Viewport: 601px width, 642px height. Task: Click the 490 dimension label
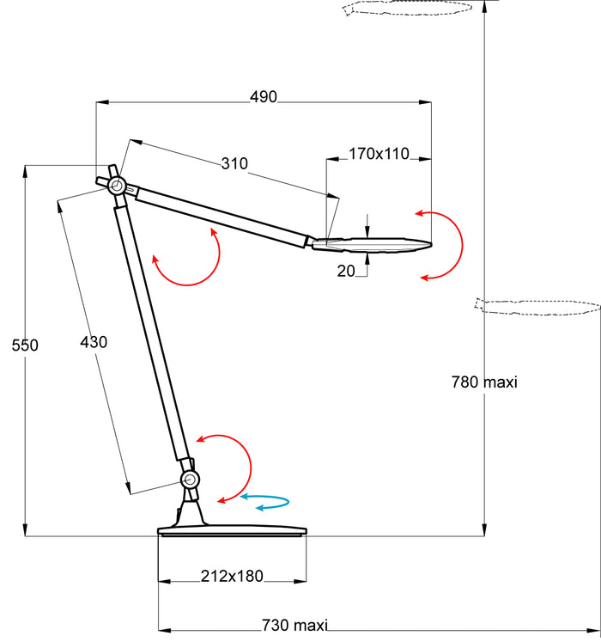(x=264, y=97)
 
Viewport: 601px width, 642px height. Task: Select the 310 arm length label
(x=234, y=163)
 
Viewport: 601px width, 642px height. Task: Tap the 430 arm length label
(x=94, y=342)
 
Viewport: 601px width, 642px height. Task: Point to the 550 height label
(x=25, y=345)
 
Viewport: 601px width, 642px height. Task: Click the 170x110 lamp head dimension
(x=379, y=154)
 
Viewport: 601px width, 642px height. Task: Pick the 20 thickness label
(x=346, y=271)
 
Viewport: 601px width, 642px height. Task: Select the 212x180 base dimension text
(x=232, y=576)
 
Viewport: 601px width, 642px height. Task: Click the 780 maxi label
(x=484, y=382)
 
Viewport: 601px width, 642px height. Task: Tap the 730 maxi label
(x=295, y=625)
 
